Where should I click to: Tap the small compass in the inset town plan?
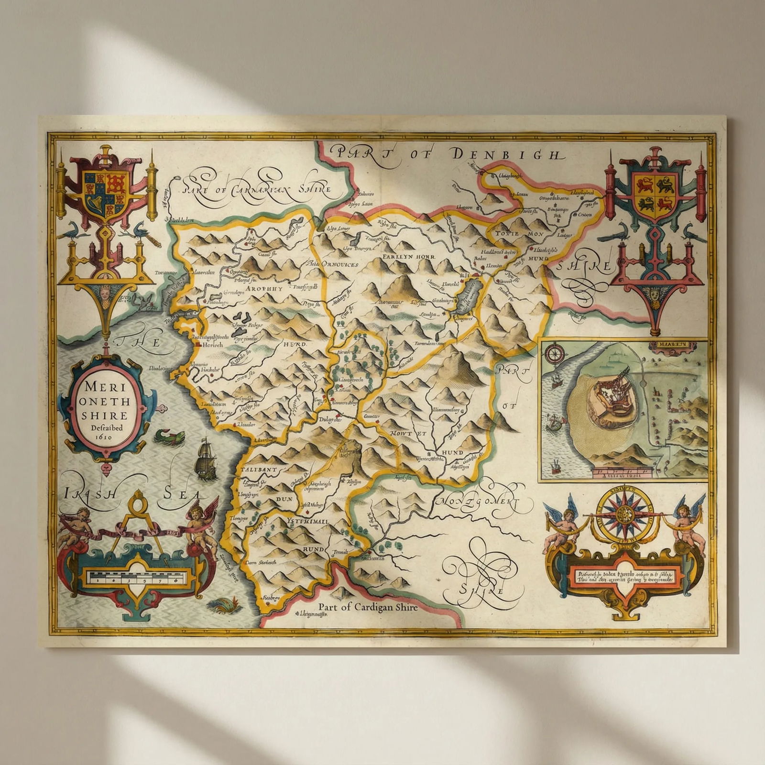pos(556,354)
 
